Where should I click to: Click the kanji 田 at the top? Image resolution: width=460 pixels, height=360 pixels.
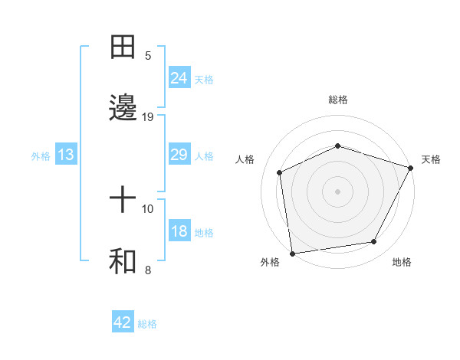pos(123,47)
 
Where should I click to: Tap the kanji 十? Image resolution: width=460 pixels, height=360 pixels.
pos(123,201)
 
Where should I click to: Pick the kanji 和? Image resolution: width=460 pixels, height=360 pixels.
pos(123,262)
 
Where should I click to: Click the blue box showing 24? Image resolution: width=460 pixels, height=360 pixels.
pos(179,78)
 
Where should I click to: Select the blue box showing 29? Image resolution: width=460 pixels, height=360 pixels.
pos(179,155)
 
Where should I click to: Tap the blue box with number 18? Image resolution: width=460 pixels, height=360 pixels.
pos(179,232)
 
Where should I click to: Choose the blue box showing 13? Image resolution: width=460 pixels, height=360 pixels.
pos(66,155)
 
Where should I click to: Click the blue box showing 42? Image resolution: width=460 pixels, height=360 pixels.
pos(123,322)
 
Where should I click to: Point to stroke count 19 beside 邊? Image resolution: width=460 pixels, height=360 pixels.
pos(148,117)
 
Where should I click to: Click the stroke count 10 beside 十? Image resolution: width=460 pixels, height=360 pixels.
pos(148,208)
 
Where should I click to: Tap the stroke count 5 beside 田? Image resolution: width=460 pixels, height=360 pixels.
pos(148,55)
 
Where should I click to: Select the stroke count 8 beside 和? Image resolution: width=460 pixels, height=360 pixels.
pos(148,270)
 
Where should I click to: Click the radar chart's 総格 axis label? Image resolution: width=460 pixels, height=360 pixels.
pos(338,100)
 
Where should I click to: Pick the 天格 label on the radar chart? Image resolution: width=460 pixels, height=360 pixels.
pos(432,159)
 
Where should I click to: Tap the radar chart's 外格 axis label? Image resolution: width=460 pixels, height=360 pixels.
pos(270,263)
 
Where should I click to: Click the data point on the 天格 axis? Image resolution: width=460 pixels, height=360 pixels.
pos(412,167)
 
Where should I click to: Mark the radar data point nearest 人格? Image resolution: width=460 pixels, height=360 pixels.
pos(280,172)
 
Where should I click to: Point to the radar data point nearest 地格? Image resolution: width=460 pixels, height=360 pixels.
pos(374,242)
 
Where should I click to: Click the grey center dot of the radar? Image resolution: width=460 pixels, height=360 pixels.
pos(338,191)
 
